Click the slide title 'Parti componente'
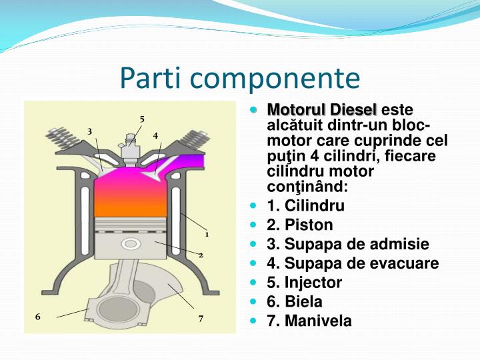(x=240, y=78)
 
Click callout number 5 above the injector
(x=142, y=119)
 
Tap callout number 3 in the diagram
(x=89, y=131)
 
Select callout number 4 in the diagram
(x=155, y=135)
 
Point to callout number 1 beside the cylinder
(x=207, y=234)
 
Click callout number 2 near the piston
(x=200, y=255)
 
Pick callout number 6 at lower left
(x=38, y=317)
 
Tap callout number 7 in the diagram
(x=200, y=319)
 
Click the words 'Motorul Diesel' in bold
(x=321, y=109)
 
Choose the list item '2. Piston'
(x=299, y=225)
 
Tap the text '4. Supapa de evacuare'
(x=353, y=263)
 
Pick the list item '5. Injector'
(x=304, y=283)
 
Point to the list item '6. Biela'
(x=294, y=301)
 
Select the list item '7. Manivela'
(x=309, y=321)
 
